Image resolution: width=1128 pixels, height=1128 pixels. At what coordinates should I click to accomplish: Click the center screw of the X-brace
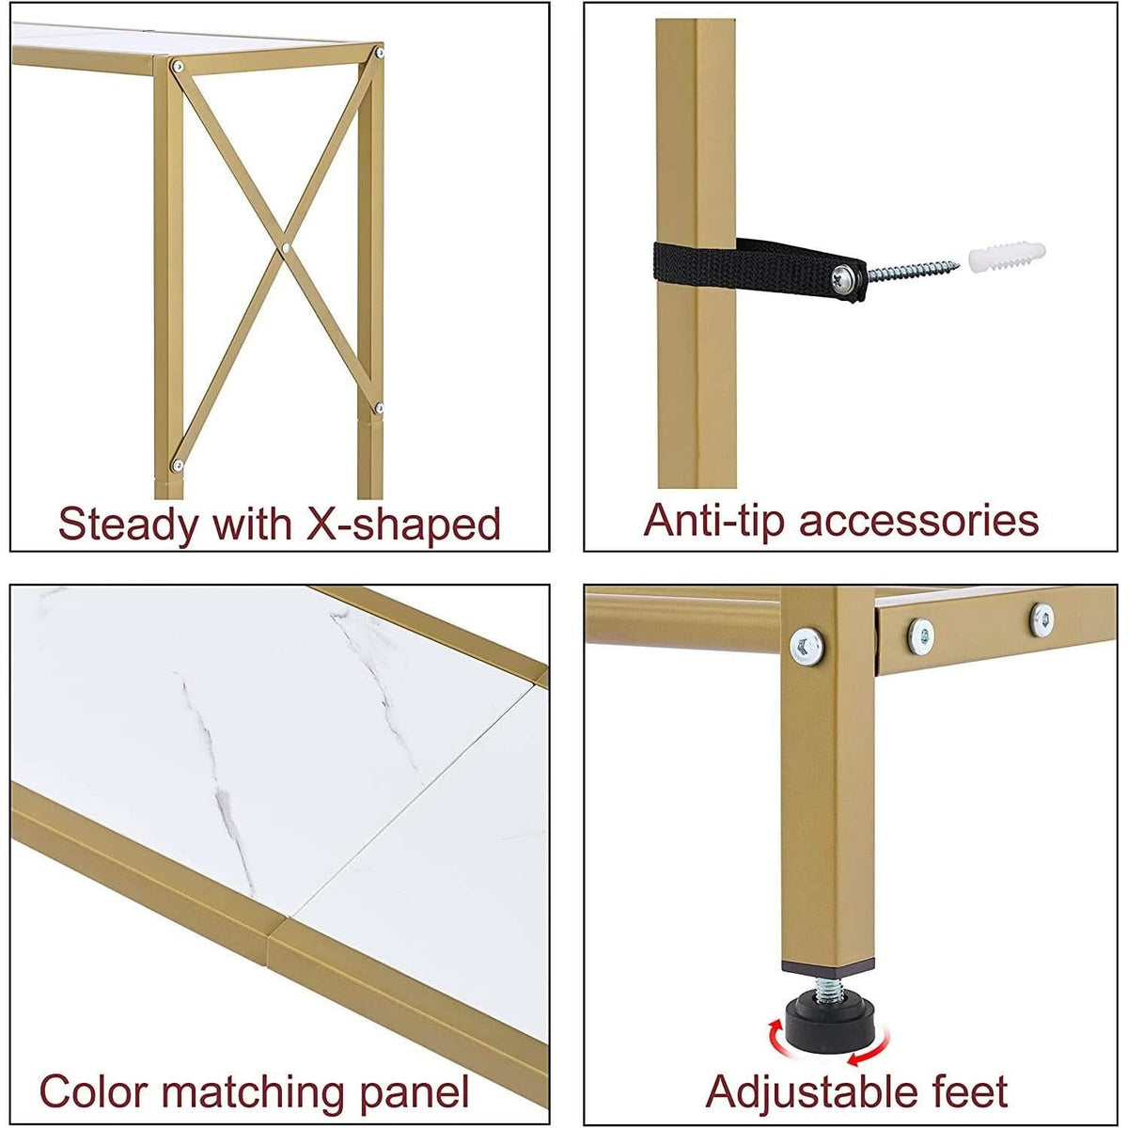(x=285, y=248)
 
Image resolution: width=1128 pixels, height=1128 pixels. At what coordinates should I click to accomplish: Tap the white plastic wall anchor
(x=1006, y=257)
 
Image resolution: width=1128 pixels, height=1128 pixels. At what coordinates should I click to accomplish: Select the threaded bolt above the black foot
(x=829, y=989)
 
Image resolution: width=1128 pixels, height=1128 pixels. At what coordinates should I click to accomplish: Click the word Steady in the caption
(x=129, y=525)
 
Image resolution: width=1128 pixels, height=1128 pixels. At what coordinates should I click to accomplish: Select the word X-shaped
(x=403, y=525)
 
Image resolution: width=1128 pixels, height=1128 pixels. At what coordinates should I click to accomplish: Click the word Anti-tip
(x=714, y=521)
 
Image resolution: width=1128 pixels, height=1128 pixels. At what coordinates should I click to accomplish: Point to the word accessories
(x=919, y=521)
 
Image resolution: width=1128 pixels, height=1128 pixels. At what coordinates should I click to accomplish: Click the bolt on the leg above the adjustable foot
(x=807, y=647)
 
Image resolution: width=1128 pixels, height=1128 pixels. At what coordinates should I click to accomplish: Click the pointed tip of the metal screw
(x=958, y=265)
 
